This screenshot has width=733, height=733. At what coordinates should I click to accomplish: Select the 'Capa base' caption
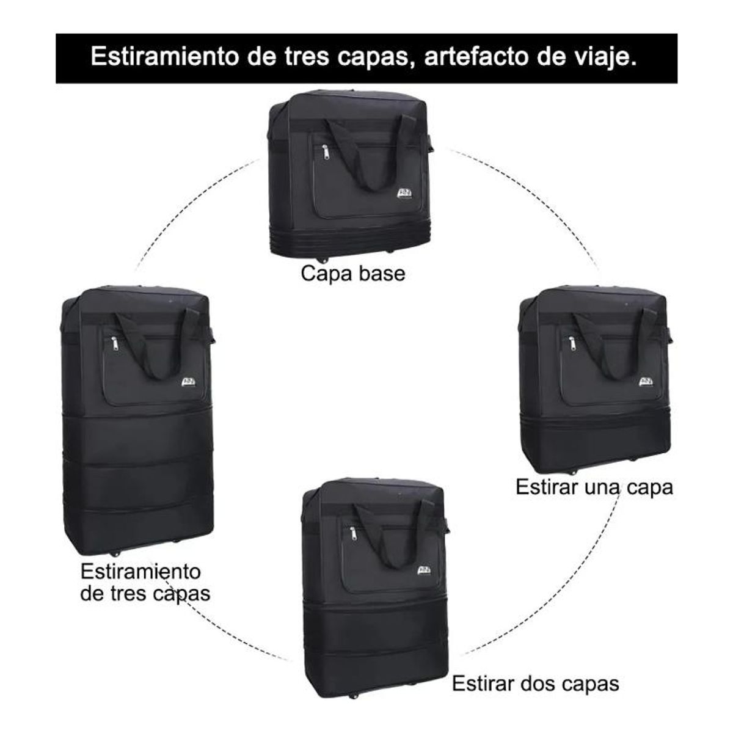[352, 273]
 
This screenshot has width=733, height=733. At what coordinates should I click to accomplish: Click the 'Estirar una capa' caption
[594, 487]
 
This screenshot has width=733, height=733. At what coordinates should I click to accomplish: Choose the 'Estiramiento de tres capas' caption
[145, 582]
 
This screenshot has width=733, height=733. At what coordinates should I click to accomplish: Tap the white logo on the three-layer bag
[189, 382]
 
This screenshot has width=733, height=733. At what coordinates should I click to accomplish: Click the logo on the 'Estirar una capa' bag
[646, 382]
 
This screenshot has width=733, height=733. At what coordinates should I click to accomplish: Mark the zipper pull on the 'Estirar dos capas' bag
[352, 534]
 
